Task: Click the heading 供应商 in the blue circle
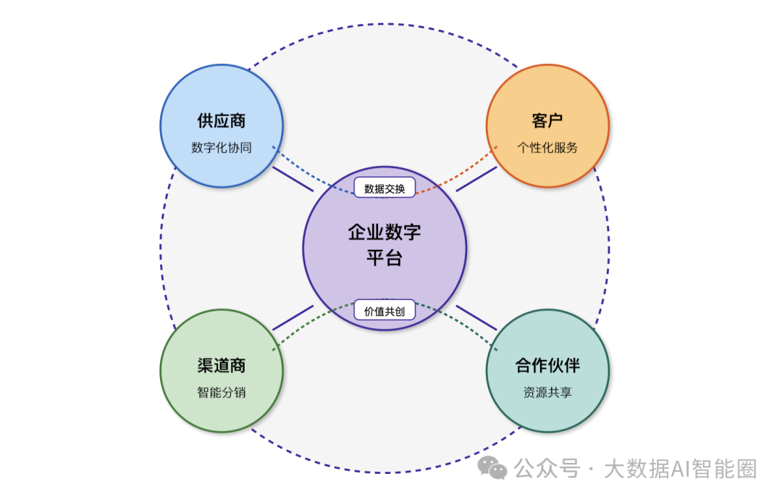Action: coord(222,121)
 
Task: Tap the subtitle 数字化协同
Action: coord(222,148)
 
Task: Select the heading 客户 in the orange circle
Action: coord(547,121)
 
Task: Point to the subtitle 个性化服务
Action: coord(547,148)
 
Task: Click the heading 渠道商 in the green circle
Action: coord(222,365)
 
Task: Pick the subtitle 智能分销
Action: coord(222,393)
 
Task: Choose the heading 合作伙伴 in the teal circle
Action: coord(547,365)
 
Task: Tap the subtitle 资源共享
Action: coord(547,393)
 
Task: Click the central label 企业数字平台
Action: coord(384,245)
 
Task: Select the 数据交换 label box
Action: coord(384,188)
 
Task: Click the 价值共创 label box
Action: coord(384,310)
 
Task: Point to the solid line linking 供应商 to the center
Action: coord(293,180)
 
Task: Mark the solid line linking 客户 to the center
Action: coord(476,179)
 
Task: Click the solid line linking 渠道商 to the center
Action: coord(293,317)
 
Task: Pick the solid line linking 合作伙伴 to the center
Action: coord(476,317)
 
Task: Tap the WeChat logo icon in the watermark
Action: coord(497,469)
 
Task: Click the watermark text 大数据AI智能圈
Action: coord(680,470)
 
